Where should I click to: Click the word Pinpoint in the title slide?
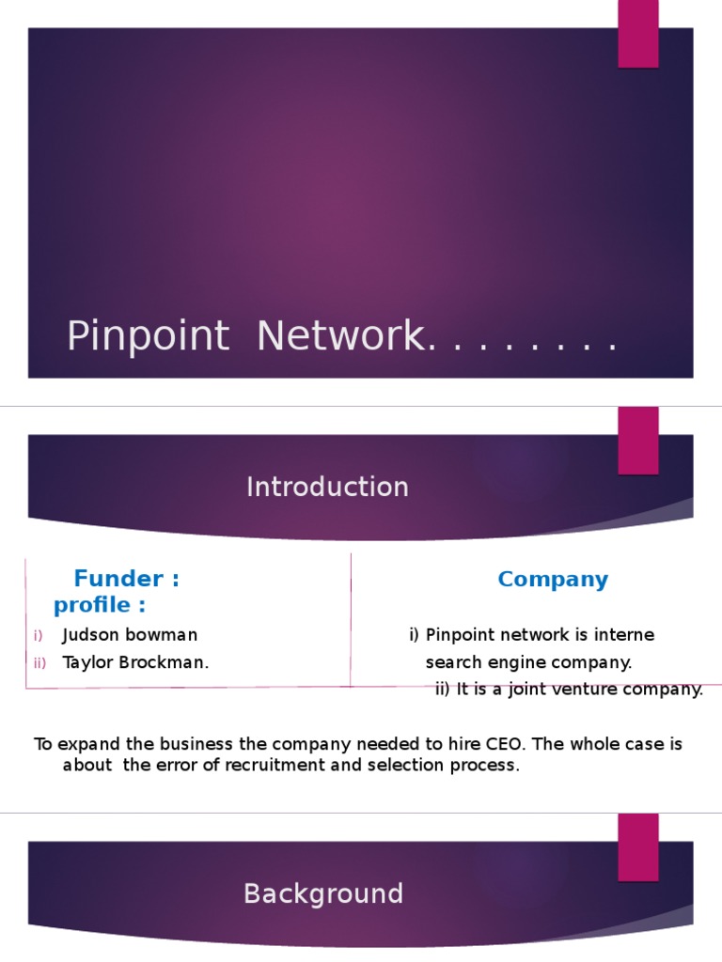tap(148, 336)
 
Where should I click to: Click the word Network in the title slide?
tap(339, 336)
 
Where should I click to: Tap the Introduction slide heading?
tap(327, 487)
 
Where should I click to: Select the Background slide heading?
tap(323, 893)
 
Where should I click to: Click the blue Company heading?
tap(553, 580)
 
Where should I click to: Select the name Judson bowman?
tap(130, 635)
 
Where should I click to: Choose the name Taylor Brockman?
tap(135, 662)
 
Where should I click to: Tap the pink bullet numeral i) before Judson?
tap(38, 636)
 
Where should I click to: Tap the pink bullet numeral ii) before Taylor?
tap(39, 663)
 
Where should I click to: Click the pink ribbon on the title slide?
tap(637, 34)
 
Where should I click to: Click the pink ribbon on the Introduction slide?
tap(637, 440)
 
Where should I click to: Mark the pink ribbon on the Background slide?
tap(637, 846)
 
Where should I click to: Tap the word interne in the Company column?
tap(624, 635)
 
